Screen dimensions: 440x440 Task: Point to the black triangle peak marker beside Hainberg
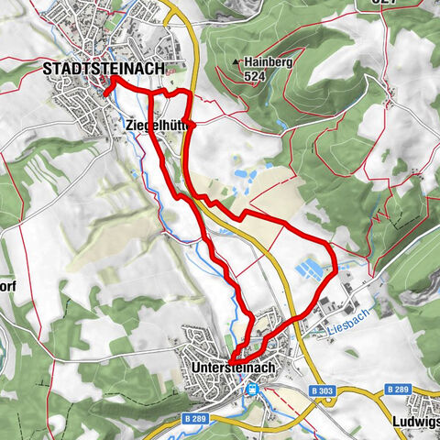coord(236,62)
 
